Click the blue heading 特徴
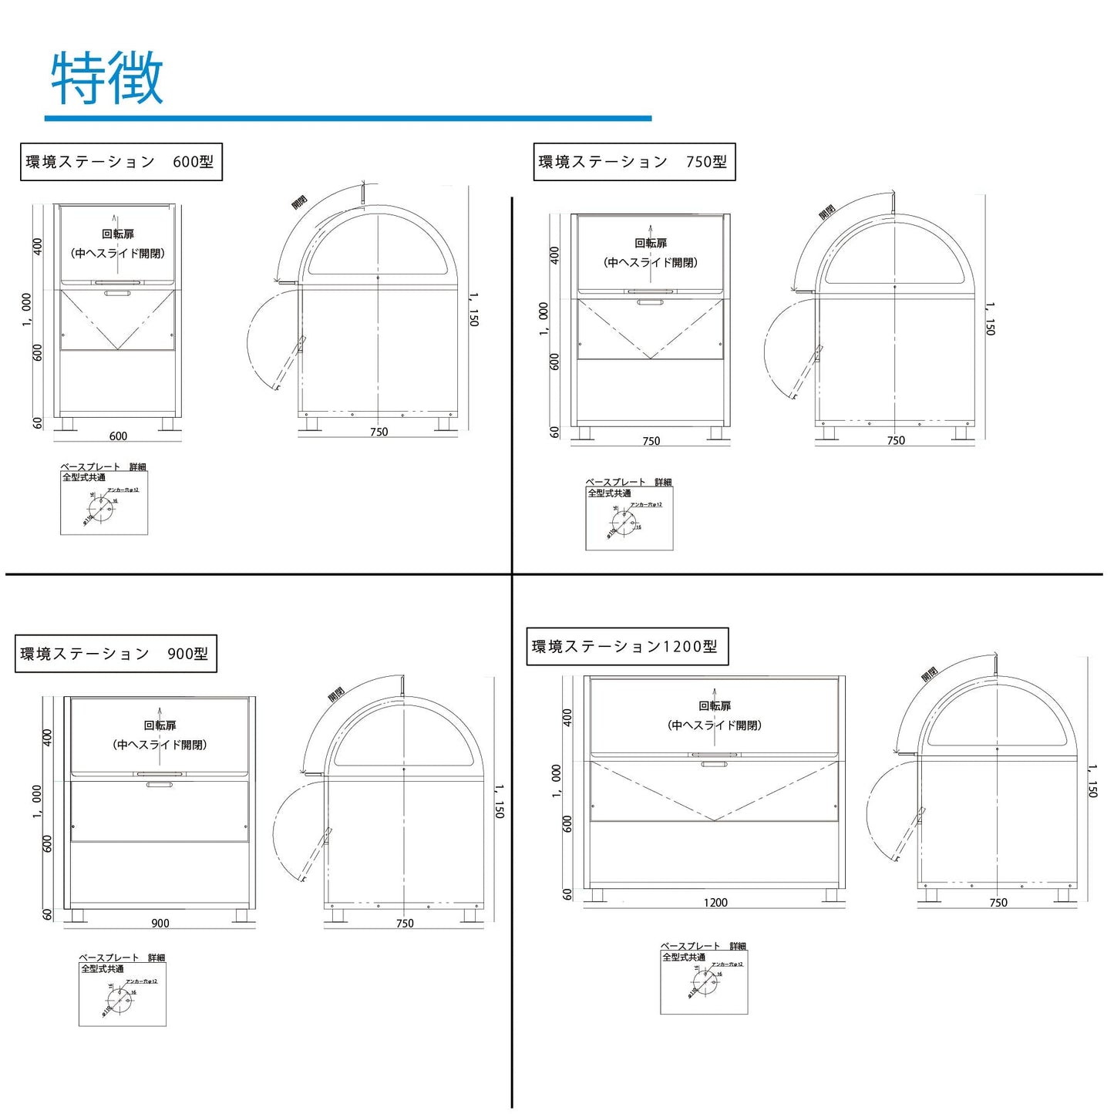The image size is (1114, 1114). click(x=107, y=79)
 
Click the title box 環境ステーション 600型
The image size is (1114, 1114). click(x=120, y=162)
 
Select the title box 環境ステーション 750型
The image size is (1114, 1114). click(x=634, y=162)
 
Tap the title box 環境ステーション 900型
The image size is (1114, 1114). click(x=115, y=654)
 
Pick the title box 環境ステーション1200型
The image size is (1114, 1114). click(x=626, y=647)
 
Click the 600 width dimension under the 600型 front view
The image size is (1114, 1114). click(x=118, y=436)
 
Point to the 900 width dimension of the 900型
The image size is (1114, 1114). click(x=160, y=923)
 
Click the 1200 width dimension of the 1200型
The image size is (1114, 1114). click(x=715, y=902)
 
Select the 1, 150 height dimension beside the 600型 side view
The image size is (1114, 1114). click(x=474, y=309)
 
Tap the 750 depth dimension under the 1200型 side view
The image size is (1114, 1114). click(x=998, y=902)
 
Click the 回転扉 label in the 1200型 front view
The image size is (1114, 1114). click(x=715, y=705)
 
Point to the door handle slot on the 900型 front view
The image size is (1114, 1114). click(x=160, y=785)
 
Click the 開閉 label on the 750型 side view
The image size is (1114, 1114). click(x=826, y=211)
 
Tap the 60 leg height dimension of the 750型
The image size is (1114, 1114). click(x=554, y=432)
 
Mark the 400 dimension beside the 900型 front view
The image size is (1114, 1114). click(x=47, y=738)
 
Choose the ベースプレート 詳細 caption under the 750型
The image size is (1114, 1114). click(x=628, y=482)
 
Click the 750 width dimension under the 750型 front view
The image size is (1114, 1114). click(x=651, y=441)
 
